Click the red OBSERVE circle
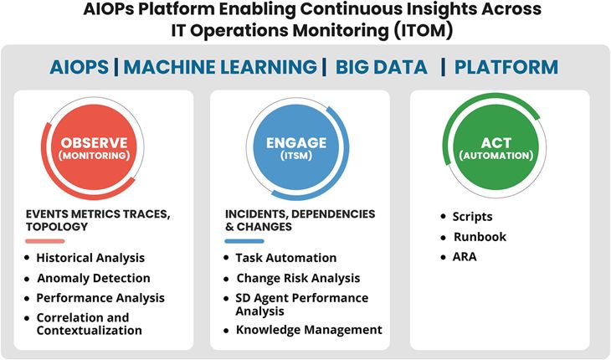pos(94,147)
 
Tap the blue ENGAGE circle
pos(296,147)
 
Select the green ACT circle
pos(496,147)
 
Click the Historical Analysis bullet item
pos(90,258)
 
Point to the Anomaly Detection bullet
pos(94,278)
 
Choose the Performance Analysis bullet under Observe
pos(100,298)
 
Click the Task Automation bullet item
pos(286,258)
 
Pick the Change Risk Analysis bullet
pos(298,278)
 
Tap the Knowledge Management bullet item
pos(309,330)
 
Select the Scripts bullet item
pos(472,217)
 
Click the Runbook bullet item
pos(480,237)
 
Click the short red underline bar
pos(45,241)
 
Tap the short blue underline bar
pos(244,241)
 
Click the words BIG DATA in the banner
pos(382,67)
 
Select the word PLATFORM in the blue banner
pos(506,67)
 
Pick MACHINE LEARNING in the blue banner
pos(220,67)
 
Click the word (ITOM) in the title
pos(424,30)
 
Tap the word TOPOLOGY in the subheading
pos(57,227)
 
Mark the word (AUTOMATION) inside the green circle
pos(496,156)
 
